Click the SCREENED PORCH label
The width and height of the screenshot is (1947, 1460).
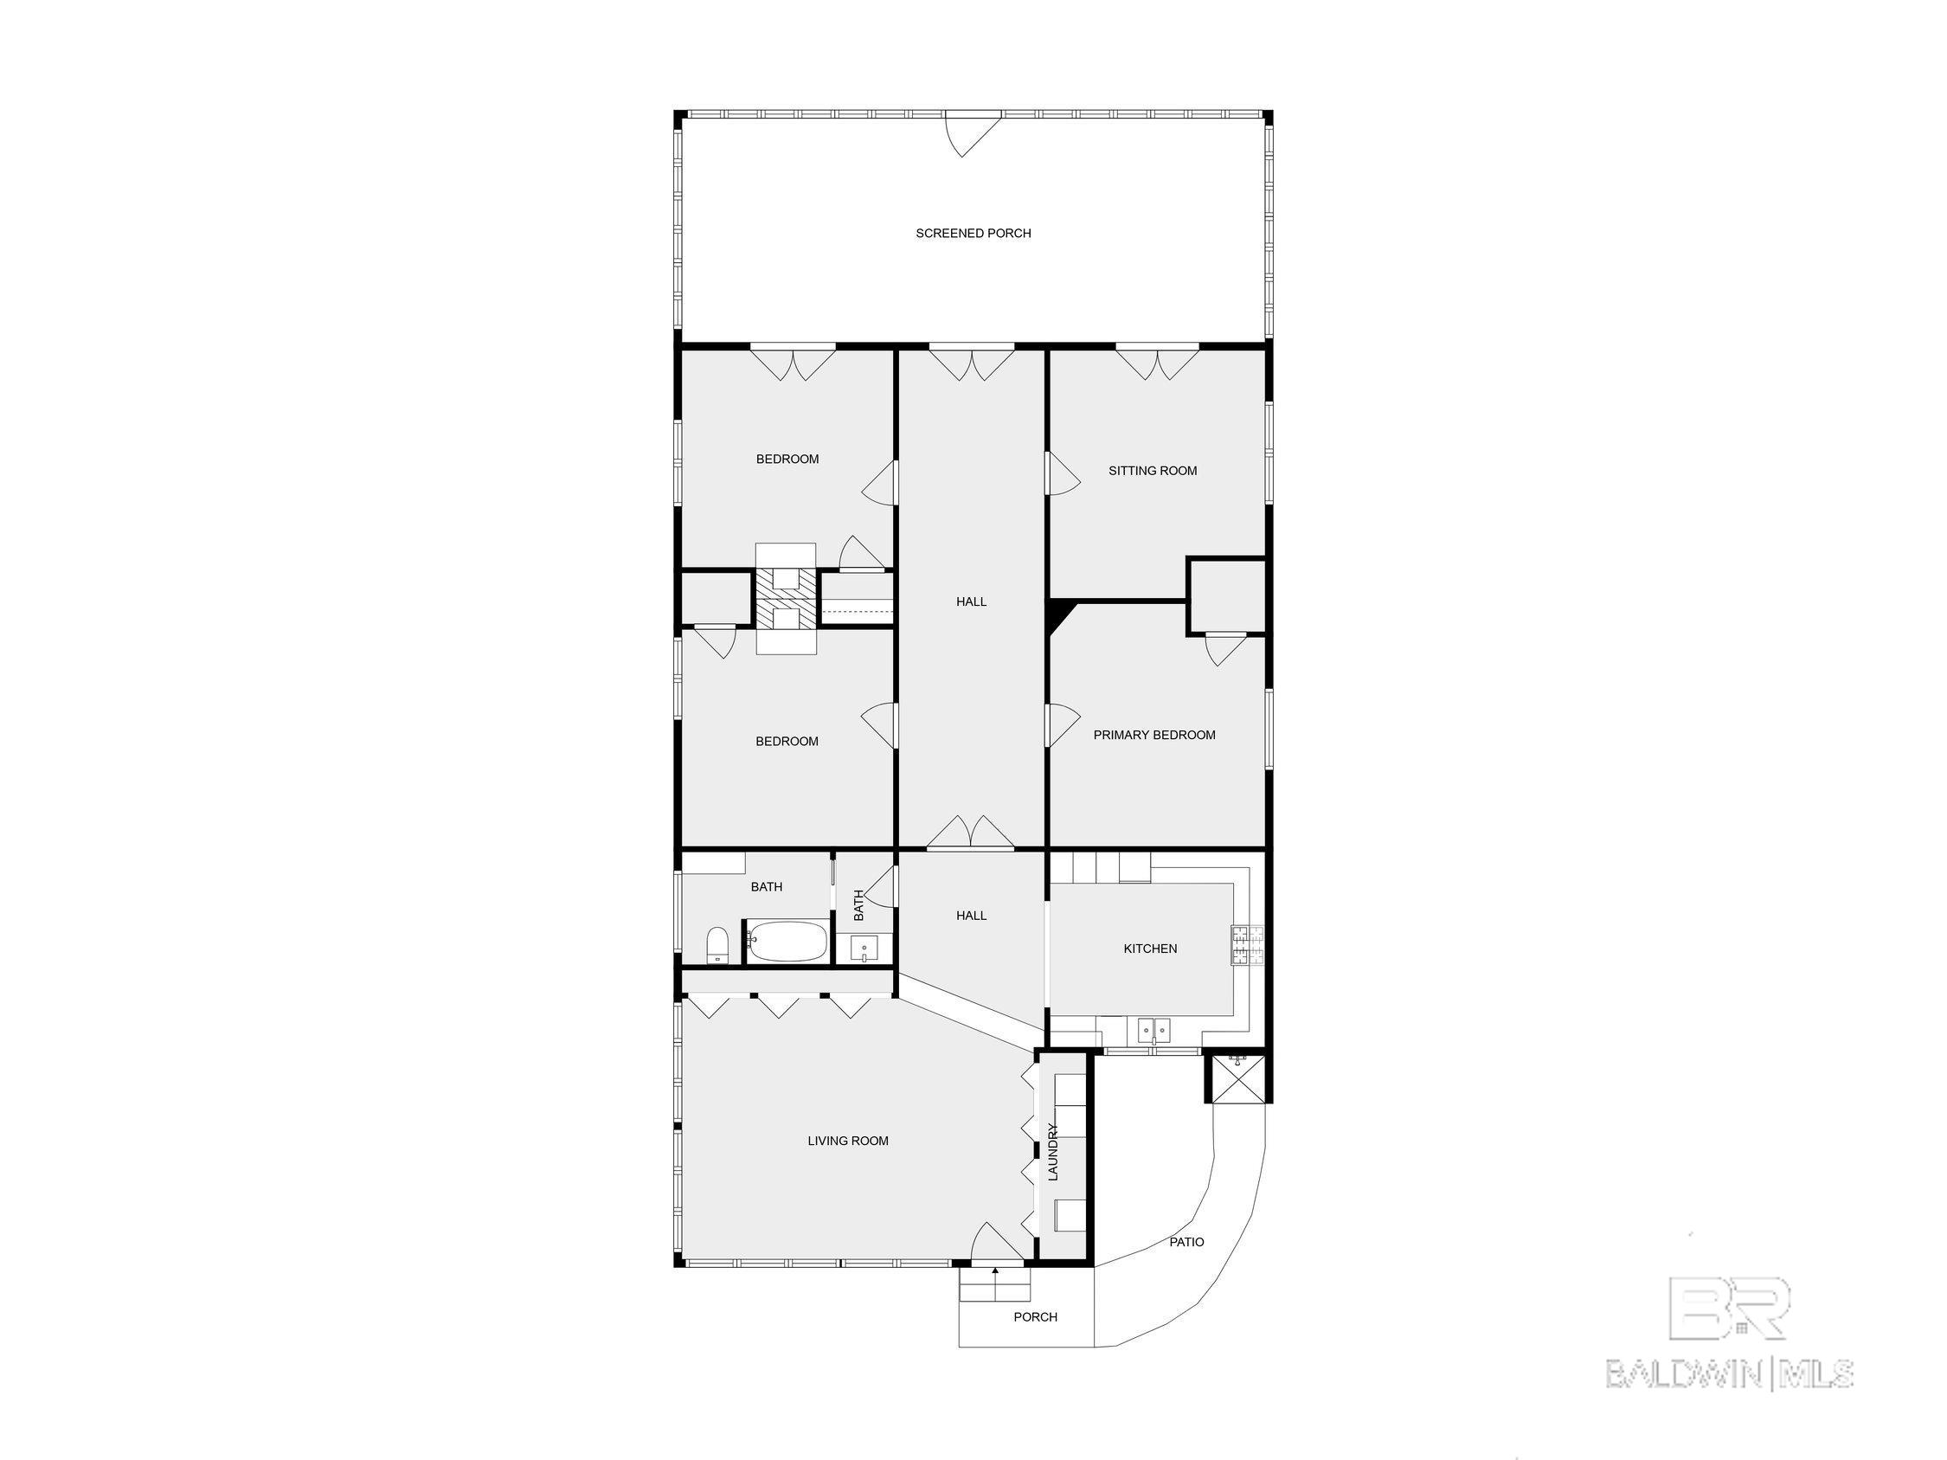(x=973, y=233)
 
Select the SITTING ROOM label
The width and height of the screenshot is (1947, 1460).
(x=1152, y=471)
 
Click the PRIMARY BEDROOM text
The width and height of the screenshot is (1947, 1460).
(x=1154, y=735)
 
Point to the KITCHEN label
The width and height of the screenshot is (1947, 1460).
(x=1149, y=949)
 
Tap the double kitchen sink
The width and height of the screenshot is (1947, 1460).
(x=1153, y=1029)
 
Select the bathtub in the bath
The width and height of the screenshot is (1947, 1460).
(x=787, y=942)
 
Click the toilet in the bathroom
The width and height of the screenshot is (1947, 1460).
(x=717, y=946)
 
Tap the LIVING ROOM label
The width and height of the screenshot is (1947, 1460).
(x=848, y=1141)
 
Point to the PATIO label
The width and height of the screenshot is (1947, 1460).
(x=1186, y=1242)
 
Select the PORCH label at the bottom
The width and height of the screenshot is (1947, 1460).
(x=1035, y=1317)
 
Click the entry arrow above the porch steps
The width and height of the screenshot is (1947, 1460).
(x=994, y=1270)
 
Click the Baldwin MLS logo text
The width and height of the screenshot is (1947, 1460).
(x=1730, y=1373)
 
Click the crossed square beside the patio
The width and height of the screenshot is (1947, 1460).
(x=1237, y=1077)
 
